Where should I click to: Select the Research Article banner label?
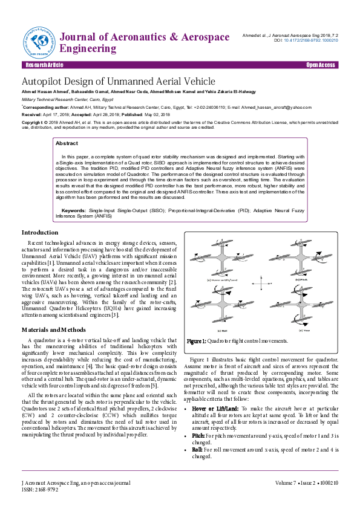(x=43, y=65)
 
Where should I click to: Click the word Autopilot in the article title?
(x=45, y=81)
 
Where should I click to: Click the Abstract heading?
(x=67, y=143)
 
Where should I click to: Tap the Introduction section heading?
(x=40, y=233)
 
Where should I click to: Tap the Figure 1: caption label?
(x=197, y=341)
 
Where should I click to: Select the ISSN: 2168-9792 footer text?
(x=40, y=490)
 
